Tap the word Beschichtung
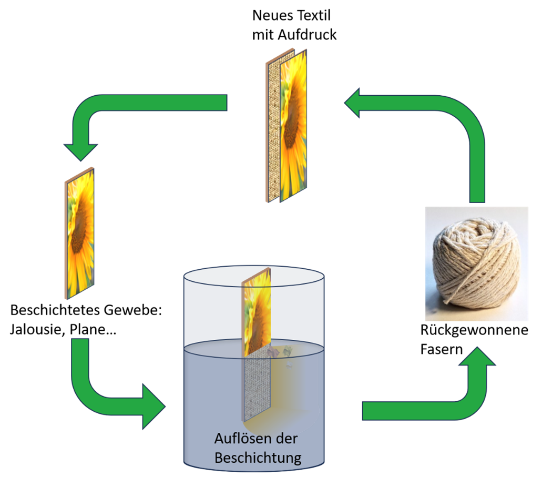pyautogui.click(x=258, y=457)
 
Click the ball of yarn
pyautogui.click(x=476, y=263)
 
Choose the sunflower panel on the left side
pyautogui.click(x=80, y=234)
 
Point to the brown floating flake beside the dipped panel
pyautogui.click(x=273, y=351)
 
